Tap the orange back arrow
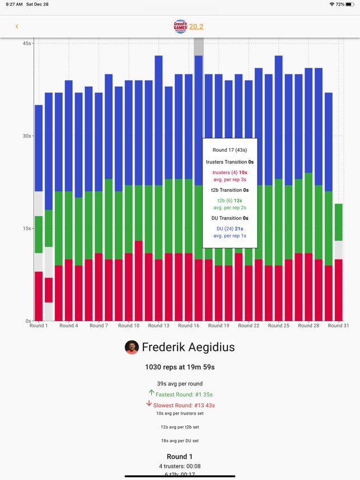tap(17, 26)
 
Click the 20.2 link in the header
tap(196, 26)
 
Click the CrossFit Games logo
tap(180, 26)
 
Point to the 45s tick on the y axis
tap(26, 43)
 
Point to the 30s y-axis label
tap(26, 135)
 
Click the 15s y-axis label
tap(26, 228)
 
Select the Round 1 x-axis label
tap(39, 326)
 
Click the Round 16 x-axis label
tap(189, 326)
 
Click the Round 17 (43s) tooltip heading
tap(230, 150)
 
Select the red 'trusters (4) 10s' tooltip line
tap(230, 173)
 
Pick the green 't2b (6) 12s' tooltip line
tap(230, 200)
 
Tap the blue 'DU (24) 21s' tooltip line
tap(230, 228)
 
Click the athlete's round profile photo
tap(132, 347)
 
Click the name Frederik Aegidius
tap(188, 347)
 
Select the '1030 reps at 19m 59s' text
tap(180, 368)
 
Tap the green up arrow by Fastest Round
tap(151, 393)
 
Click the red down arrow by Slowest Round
tap(149, 403)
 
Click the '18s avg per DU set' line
tap(180, 441)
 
